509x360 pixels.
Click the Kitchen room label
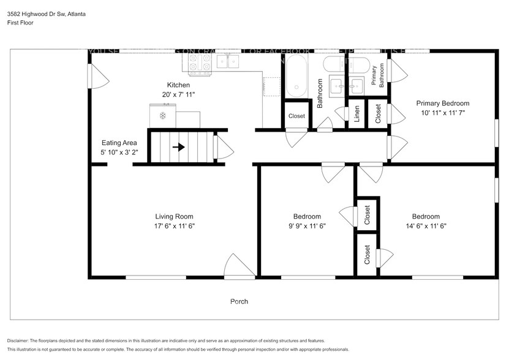(x=178, y=85)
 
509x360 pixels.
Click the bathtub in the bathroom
(x=296, y=77)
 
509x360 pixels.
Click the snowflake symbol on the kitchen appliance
(x=163, y=115)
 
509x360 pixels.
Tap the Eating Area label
(x=119, y=143)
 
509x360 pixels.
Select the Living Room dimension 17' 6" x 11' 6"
(x=174, y=226)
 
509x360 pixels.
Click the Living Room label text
(x=174, y=216)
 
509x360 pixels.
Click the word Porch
(x=239, y=301)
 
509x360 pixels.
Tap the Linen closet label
(x=356, y=114)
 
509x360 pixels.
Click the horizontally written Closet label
(x=296, y=116)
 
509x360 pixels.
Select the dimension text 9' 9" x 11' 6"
(x=307, y=226)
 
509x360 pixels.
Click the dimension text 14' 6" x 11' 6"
(x=425, y=226)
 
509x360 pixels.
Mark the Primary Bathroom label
(x=377, y=75)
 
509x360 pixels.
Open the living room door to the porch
(x=236, y=266)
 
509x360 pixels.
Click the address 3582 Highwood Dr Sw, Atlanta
(x=46, y=14)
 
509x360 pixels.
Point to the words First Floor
(x=20, y=23)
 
